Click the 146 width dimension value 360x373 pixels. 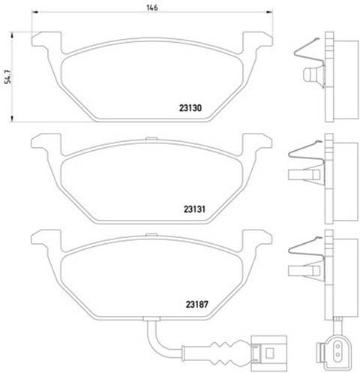click(152, 8)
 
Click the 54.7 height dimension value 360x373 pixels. click(8, 77)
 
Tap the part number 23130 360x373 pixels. click(190, 108)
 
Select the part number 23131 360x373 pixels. click(194, 209)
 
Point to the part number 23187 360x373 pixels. click(197, 305)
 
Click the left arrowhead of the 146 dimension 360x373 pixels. click(35, 11)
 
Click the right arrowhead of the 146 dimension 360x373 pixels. click(269, 11)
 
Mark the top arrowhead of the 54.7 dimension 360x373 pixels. click(11, 35)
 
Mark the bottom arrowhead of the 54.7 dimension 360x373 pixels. click(11, 119)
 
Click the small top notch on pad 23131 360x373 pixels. click(151, 138)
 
